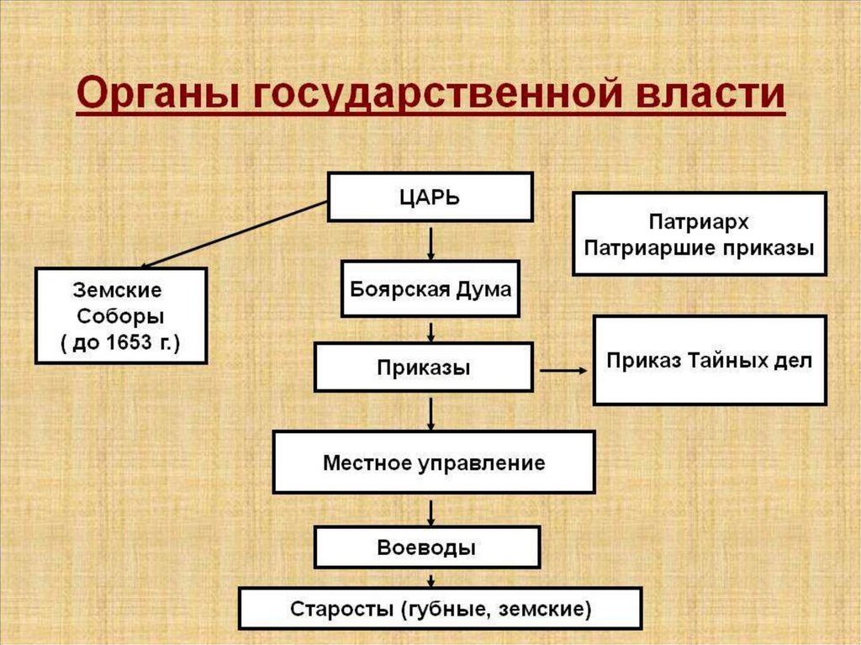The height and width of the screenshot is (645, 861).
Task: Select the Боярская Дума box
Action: [x=430, y=288]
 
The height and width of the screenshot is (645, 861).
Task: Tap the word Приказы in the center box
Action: [x=423, y=367]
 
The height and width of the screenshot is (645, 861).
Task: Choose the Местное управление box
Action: [x=434, y=463]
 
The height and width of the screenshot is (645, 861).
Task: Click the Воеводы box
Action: [x=426, y=548]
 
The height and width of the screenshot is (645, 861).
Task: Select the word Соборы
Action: [x=120, y=316]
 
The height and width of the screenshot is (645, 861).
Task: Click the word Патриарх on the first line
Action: [x=699, y=222]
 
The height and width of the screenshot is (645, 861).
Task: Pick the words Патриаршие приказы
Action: [x=699, y=248]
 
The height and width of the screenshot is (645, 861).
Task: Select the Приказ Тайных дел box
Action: [x=709, y=361]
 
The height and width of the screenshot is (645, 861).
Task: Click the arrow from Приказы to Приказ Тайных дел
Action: [x=563, y=369]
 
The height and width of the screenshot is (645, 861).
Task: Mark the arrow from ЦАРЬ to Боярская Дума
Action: [x=430, y=241]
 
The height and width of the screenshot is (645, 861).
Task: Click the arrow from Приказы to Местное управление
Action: [x=430, y=412]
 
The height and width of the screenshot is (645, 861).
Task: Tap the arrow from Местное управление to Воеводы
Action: [x=430, y=510]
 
